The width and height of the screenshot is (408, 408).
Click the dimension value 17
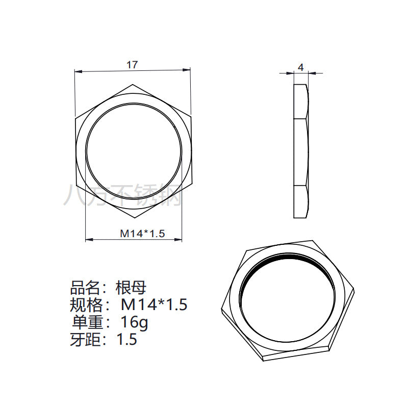132,65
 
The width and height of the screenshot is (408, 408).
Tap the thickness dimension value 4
301,68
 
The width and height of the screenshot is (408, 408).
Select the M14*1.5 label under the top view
142,234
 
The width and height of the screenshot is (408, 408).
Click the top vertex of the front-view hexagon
133,84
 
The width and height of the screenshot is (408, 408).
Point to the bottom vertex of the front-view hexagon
134,218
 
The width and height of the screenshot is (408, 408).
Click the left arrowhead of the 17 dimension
79,71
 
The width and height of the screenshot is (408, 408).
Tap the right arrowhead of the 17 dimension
187,70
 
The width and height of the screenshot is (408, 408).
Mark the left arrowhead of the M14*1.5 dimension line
89,239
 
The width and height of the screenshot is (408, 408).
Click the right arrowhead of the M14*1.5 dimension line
178,240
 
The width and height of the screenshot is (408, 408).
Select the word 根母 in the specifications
131,288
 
